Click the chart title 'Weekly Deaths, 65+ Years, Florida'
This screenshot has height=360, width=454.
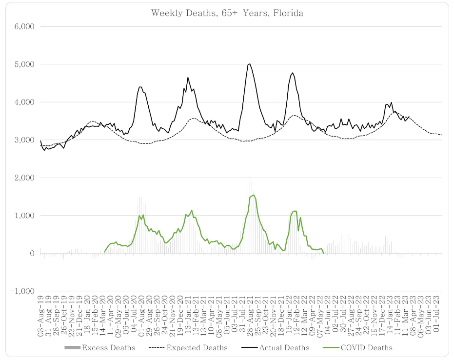(x=227, y=13)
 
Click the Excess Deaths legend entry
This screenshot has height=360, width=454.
(x=100, y=348)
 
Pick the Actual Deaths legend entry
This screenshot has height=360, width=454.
(x=273, y=348)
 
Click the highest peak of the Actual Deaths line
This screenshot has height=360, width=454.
(x=250, y=64)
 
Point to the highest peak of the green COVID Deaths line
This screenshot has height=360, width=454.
(x=254, y=195)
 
